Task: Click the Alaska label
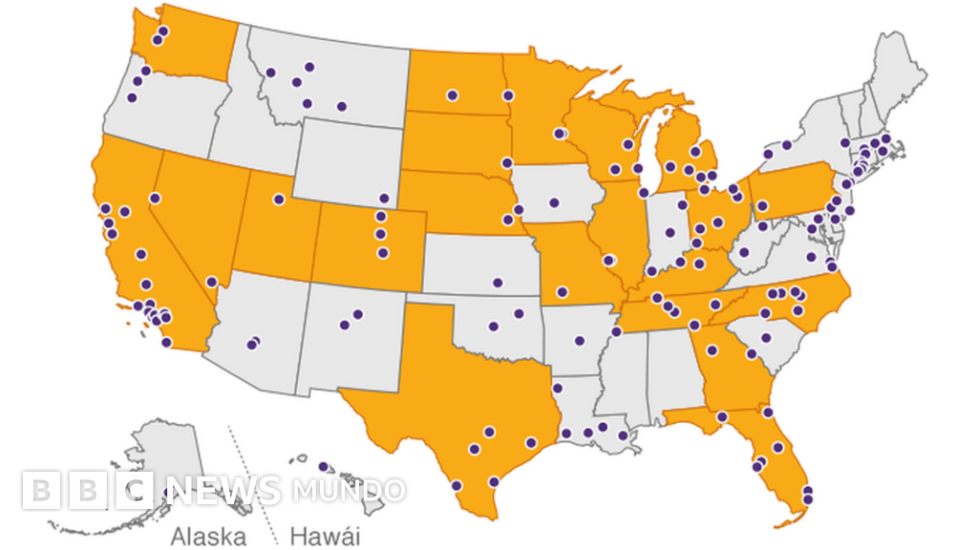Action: click(x=208, y=536)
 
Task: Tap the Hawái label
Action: click(x=325, y=536)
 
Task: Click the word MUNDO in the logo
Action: click(x=349, y=491)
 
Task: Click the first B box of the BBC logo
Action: click(x=39, y=491)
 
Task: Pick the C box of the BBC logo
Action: click(x=135, y=491)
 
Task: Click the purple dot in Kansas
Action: click(x=497, y=283)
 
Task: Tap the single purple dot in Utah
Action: click(x=279, y=200)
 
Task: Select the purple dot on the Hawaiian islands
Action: click(x=323, y=467)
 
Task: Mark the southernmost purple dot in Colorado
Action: click(x=383, y=253)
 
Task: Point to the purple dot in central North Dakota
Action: click(x=452, y=95)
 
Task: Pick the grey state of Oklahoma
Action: click(x=497, y=325)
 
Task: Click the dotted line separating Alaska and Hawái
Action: click(x=250, y=487)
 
